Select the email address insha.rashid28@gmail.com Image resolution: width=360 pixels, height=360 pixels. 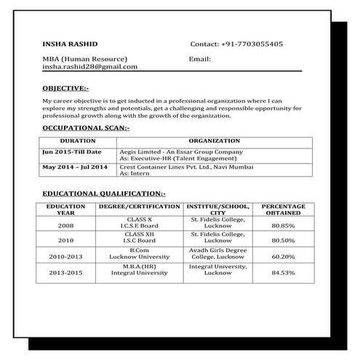pos(89,66)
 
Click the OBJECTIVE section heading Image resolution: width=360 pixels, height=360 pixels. pos(66,88)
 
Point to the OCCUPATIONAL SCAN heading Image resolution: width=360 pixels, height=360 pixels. pos(86,127)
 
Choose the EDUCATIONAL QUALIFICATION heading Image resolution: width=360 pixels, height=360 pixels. pos(104,194)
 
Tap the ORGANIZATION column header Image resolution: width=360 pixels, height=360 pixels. pos(214,140)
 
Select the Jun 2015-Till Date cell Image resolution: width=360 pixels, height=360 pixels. pos(72,151)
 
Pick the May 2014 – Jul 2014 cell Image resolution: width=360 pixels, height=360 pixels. pos(75,167)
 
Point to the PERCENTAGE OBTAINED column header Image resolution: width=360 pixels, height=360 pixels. pos(282,210)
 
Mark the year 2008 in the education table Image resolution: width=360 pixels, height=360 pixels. pos(65,225)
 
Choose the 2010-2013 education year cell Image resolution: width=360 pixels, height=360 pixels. pos(65,257)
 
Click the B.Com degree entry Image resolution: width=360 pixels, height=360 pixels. pos(139,250)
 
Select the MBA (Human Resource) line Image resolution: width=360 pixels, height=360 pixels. pos(86,58)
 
